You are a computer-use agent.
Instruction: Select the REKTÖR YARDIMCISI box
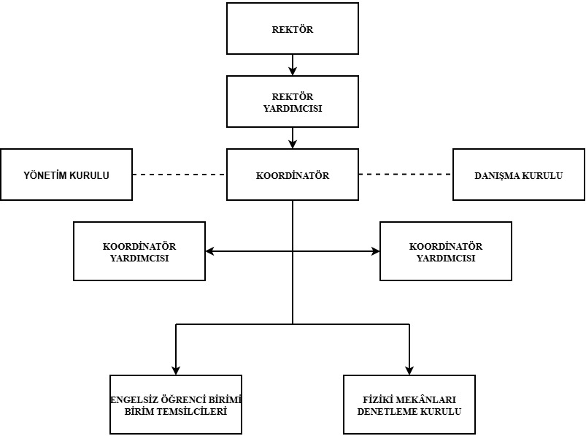click(293, 102)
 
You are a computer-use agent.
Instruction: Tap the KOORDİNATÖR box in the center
click(293, 175)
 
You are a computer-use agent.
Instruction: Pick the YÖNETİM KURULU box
click(66, 175)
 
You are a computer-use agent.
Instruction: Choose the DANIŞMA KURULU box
click(519, 175)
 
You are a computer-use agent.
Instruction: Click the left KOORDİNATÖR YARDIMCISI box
click(139, 251)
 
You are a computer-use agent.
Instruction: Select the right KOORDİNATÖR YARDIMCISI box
click(446, 251)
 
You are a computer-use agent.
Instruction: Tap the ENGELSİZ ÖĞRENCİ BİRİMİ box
click(175, 405)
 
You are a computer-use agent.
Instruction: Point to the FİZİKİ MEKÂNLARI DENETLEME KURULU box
click(409, 405)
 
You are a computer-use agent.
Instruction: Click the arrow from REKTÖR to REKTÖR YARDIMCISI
click(293, 64)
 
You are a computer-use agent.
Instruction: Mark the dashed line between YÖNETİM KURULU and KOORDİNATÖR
click(180, 175)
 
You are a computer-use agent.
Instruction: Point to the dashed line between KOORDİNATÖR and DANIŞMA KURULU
click(406, 175)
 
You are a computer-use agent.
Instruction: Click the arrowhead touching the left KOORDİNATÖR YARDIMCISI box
click(210, 251)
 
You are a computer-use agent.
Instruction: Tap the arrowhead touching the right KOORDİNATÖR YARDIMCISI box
click(375, 251)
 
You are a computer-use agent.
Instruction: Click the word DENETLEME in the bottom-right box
click(384, 411)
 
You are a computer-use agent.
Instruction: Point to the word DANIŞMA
click(498, 176)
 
